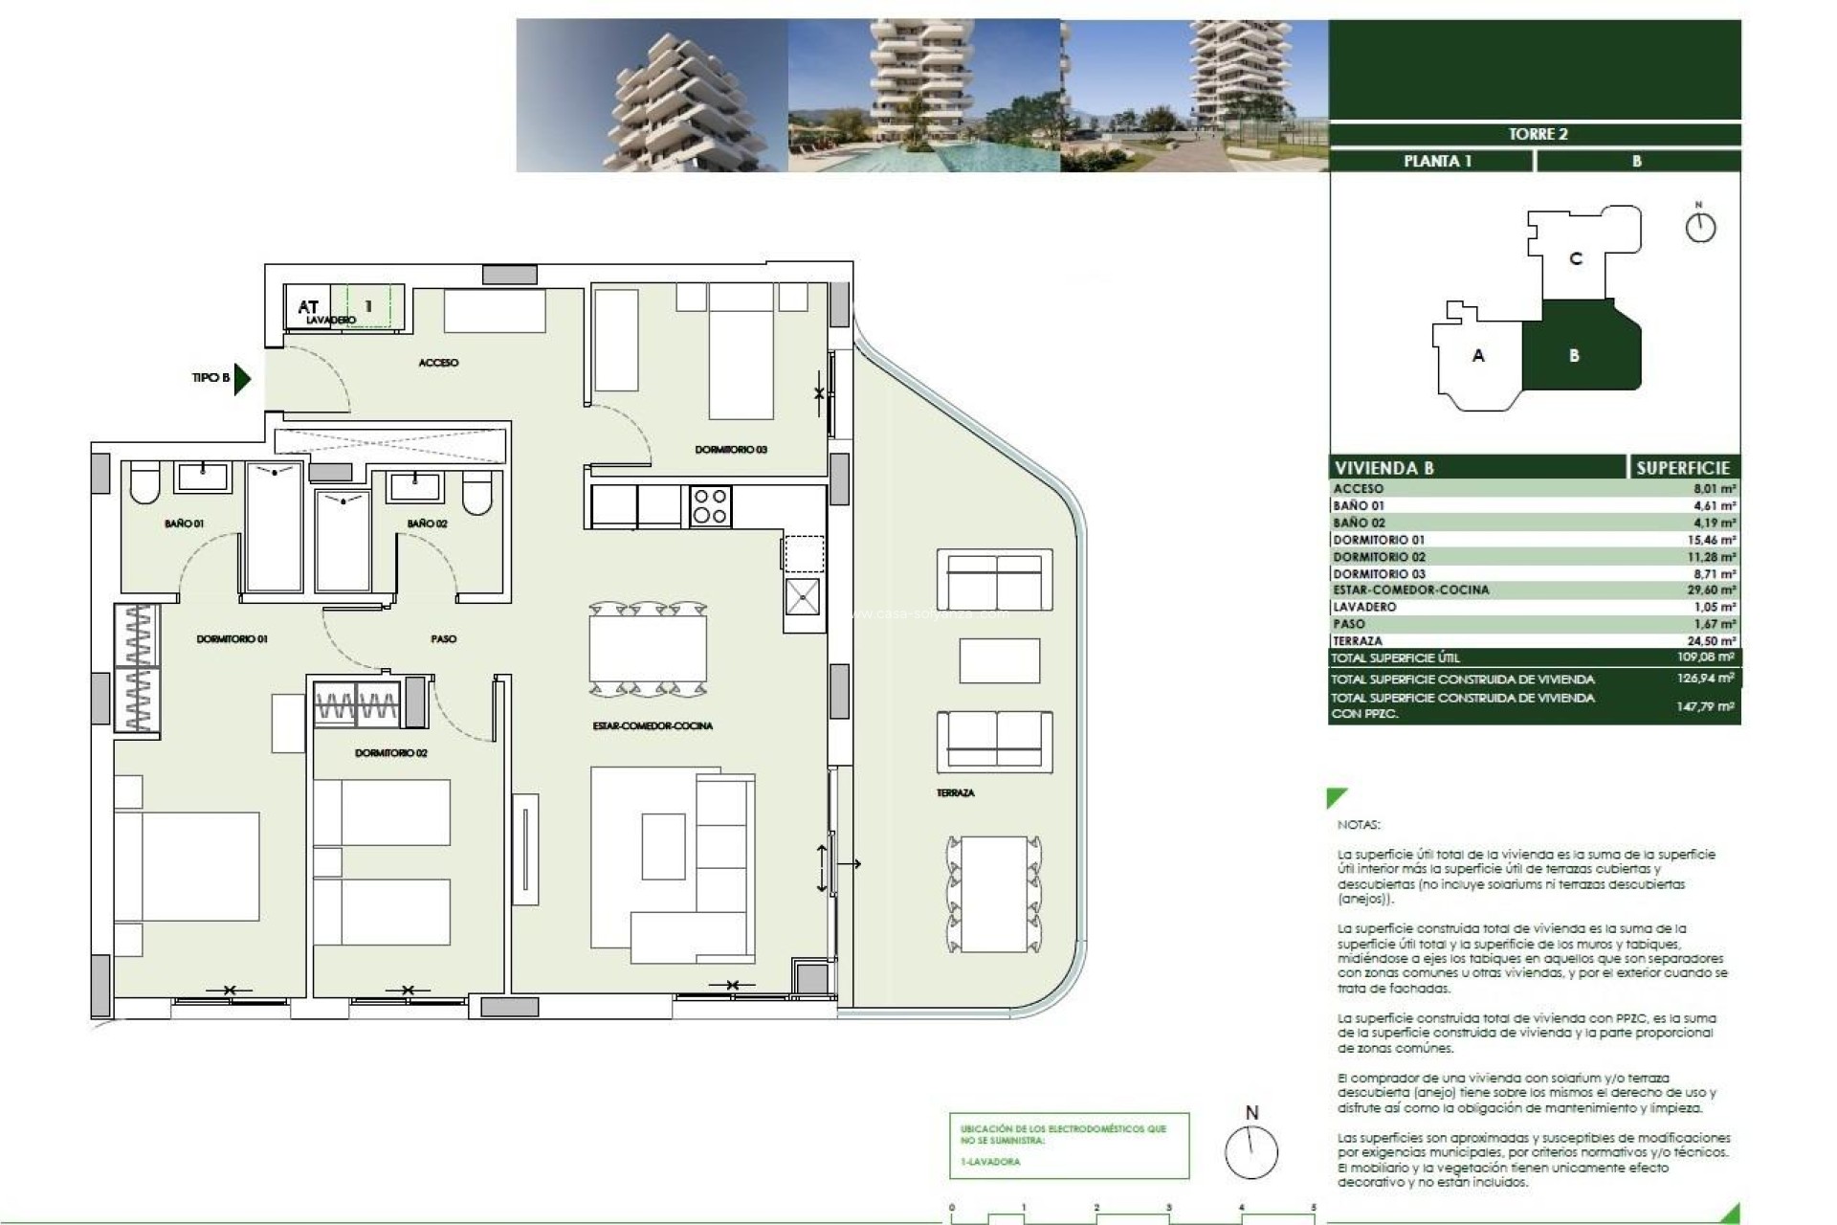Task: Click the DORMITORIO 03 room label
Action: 731,449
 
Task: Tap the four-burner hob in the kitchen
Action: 710,506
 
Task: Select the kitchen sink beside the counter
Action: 802,597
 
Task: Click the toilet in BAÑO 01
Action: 144,485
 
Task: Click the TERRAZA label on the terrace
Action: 955,792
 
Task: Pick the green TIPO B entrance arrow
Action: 242,378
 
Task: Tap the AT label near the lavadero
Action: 308,307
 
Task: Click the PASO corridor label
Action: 443,638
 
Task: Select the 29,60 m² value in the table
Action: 1711,590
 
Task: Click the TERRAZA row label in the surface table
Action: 1357,641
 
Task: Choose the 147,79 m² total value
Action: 1705,706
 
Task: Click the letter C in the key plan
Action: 1576,258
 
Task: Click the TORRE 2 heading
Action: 1538,134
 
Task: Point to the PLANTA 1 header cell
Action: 1436,161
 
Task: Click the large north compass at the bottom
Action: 1251,1151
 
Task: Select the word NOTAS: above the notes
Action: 1359,824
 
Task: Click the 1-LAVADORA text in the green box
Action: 990,1162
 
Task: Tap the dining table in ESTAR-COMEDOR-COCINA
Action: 648,650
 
